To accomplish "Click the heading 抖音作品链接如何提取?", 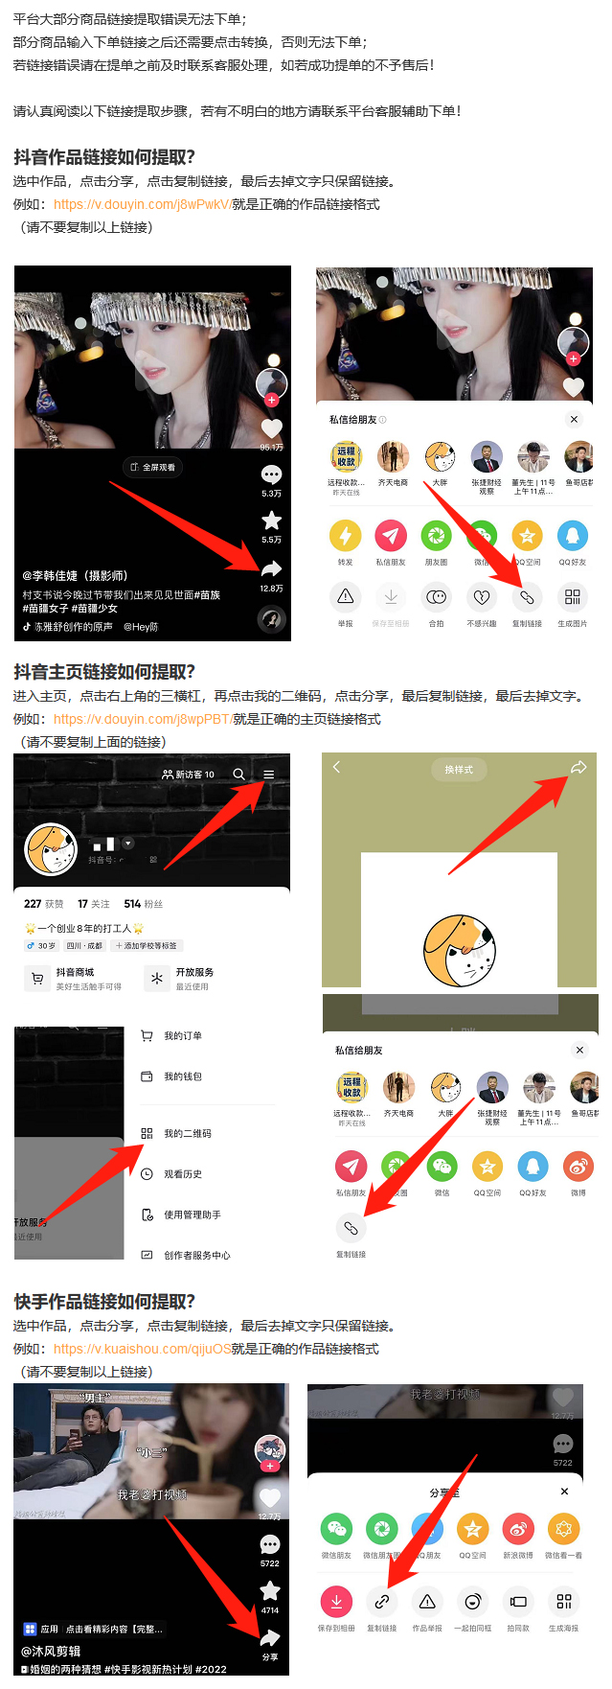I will pos(104,157).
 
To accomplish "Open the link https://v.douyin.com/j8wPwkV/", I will pos(143,204).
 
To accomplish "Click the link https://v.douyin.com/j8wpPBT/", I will pos(143,719).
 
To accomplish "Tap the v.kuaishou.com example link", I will pos(142,1349).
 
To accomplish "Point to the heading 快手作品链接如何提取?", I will pos(104,1302).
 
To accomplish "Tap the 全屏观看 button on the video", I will pos(153,467).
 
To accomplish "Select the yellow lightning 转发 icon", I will pos(345,536).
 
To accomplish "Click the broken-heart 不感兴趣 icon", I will pos(481,597).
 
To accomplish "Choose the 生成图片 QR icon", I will pos(572,597).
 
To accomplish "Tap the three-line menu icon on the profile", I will pos(269,774).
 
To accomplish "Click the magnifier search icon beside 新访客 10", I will pos(238,774).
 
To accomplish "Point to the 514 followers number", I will pos(132,904).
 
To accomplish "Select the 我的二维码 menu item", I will pos(187,1133).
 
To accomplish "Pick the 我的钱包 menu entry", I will pos(182,1076).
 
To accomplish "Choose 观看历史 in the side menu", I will pos(182,1174).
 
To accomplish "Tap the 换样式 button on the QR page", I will pos(459,769).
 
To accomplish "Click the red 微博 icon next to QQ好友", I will pos(578,1167).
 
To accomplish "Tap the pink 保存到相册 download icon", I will pos(336,1602).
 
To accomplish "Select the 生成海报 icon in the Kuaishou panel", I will pos(563,1602).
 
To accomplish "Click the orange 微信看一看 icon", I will pos(563,1529).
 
